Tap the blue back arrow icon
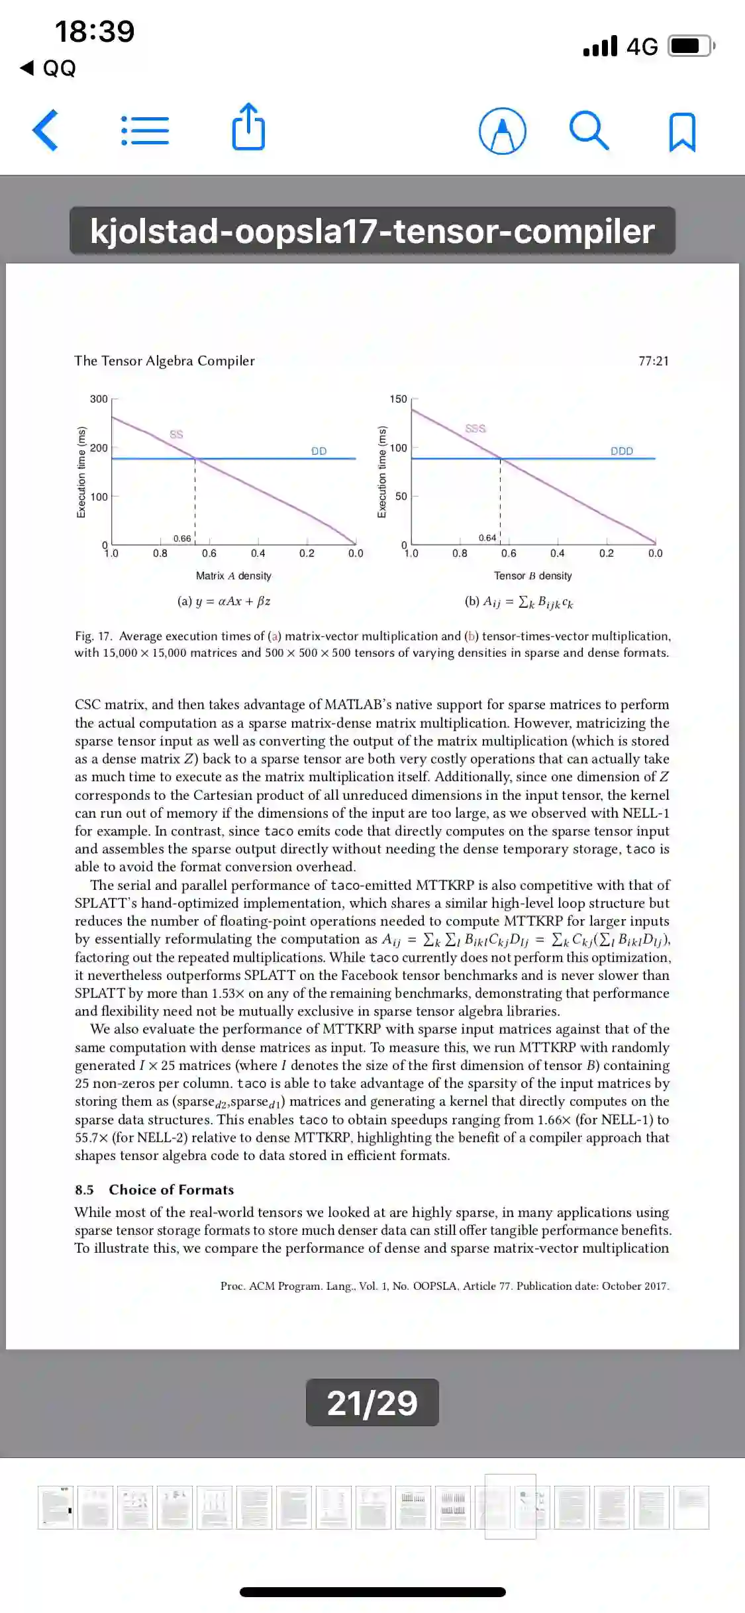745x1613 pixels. click(46, 130)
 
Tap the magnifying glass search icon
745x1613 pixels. click(589, 130)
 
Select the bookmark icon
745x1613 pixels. click(682, 132)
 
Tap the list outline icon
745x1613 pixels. click(145, 130)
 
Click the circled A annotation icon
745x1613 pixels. click(503, 130)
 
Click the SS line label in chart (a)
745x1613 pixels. click(176, 434)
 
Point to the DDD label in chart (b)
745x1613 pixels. click(622, 451)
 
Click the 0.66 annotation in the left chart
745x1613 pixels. click(182, 538)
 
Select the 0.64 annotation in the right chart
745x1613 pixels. click(487, 538)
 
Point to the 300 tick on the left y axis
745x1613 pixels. click(99, 399)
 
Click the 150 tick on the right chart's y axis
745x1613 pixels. click(398, 399)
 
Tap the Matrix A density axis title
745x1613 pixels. click(233, 576)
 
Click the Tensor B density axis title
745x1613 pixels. click(532, 576)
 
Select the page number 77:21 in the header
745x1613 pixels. click(653, 361)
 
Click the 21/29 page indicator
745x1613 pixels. click(372, 1402)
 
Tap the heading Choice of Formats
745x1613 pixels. click(172, 1190)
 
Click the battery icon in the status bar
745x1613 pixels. click(691, 46)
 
